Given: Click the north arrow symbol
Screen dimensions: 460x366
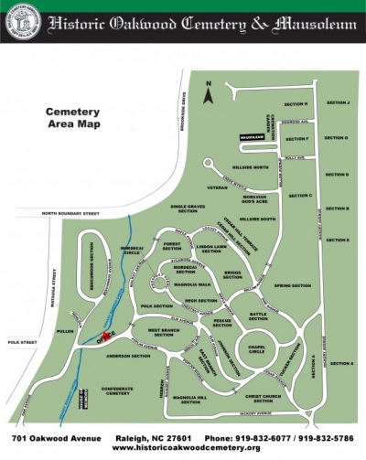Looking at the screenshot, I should [x=209, y=92].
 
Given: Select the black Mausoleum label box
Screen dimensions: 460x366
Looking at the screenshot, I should [x=252, y=138].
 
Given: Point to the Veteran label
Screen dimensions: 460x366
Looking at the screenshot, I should [x=217, y=187].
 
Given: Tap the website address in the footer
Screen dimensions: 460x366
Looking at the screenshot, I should [x=180, y=447].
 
